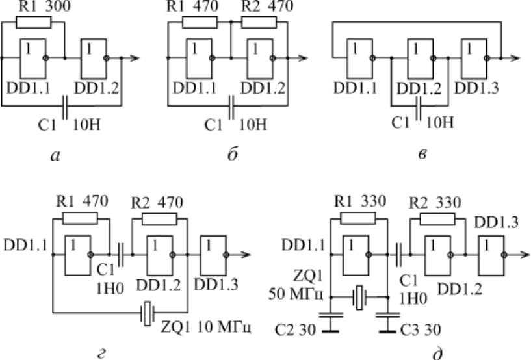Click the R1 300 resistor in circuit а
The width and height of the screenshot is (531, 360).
(x=34, y=23)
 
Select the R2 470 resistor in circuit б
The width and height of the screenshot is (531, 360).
(x=259, y=23)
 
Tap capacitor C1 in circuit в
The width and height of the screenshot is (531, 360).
(x=419, y=108)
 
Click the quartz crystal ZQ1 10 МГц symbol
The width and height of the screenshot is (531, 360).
(x=148, y=313)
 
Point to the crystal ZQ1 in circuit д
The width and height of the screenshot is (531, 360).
(x=359, y=298)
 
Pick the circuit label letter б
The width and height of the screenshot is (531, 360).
(x=233, y=155)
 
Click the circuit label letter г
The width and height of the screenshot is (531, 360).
(x=101, y=354)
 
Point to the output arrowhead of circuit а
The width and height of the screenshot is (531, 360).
(x=135, y=58)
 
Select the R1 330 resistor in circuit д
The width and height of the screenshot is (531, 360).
(x=357, y=218)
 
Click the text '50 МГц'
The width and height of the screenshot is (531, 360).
(x=296, y=294)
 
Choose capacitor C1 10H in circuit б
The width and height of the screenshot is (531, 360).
(x=231, y=107)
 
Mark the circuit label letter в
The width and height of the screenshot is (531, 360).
(x=422, y=155)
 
